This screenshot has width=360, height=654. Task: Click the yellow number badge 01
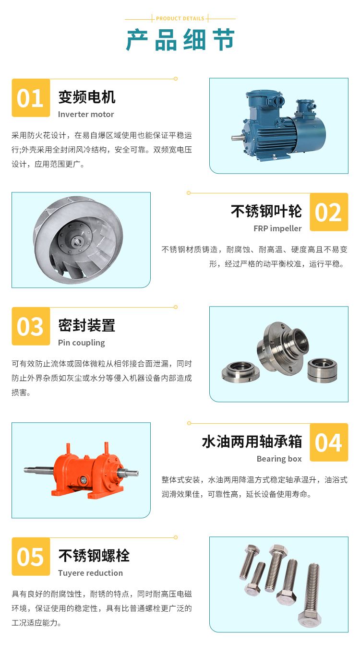click(x=31, y=98)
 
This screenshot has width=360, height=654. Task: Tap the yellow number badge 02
click(x=329, y=212)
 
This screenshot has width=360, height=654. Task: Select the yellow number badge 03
click(x=31, y=326)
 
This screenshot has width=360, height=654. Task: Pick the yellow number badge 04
click(x=329, y=442)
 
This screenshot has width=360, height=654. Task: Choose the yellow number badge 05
click(x=31, y=557)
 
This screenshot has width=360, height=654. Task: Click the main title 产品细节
click(x=180, y=40)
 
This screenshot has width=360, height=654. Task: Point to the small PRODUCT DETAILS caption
click(x=180, y=19)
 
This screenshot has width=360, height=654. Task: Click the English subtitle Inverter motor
click(x=86, y=114)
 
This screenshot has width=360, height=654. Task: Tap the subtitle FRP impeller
click(x=277, y=228)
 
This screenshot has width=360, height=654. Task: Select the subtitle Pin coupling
click(x=82, y=343)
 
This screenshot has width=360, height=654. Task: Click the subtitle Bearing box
click(x=279, y=459)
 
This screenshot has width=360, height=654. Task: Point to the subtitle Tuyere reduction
click(x=91, y=573)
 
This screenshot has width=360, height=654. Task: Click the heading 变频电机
click(x=87, y=97)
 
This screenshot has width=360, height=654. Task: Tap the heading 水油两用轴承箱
click(x=252, y=441)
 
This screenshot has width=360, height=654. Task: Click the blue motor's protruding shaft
click(x=238, y=137)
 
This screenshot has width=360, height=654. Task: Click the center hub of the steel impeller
click(x=77, y=241)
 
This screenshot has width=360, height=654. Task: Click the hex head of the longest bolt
click(x=309, y=618)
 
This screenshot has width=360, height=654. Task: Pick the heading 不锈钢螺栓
click(x=94, y=555)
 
